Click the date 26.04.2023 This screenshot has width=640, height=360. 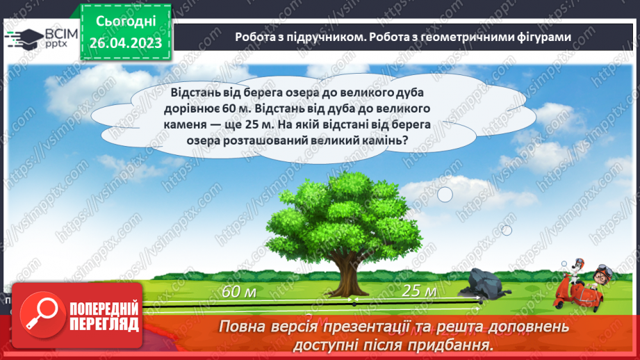point(125,42)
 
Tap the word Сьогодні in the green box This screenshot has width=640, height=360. point(125,21)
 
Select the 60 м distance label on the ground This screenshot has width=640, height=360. point(239,292)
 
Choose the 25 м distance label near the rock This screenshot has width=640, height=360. point(419,291)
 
